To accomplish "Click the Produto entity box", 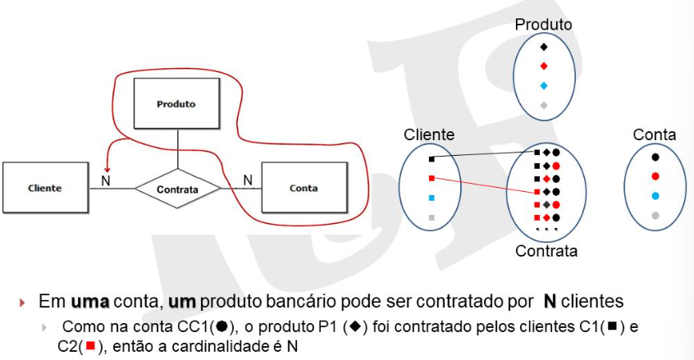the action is pyautogui.click(x=176, y=103).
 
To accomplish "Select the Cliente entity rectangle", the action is pyautogui.click(x=46, y=188).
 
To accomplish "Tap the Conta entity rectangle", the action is pyautogui.click(x=304, y=188).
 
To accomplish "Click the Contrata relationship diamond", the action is pyautogui.click(x=177, y=189).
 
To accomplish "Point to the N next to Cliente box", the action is pyautogui.click(x=105, y=181).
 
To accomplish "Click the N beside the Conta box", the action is pyautogui.click(x=248, y=180).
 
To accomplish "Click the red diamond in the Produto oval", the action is pyautogui.click(x=544, y=66).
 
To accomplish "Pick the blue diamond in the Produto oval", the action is pyautogui.click(x=544, y=86).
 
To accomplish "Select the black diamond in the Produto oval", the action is pyautogui.click(x=544, y=47).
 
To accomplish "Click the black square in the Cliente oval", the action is pyautogui.click(x=431, y=159).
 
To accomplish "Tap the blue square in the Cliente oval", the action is pyautogui.click(x=431, y=198).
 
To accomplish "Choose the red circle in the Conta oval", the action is pyautogui.click(x=655, y=176).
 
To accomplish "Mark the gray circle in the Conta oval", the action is pyautogui.click(x=655, y=216).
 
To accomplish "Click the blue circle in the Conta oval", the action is pyautogui.click(x=655, y=196).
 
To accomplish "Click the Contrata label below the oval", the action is pyautogui.click(x=546, y=251).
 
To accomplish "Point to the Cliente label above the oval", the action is pyautogui.click(x=429, y=134).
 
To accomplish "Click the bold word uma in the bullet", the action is pyautogui.click(x=90, y=301).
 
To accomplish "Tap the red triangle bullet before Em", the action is pyautogui.click(x=23, y=303).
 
